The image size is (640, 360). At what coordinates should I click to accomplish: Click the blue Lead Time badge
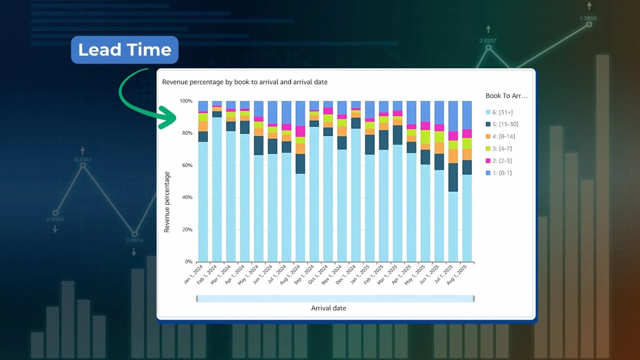(125, 50)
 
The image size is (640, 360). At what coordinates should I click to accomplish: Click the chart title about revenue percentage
(245, 82)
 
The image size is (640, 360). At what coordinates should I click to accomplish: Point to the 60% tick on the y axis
(187, 165)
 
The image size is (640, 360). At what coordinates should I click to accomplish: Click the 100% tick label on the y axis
(186, 101)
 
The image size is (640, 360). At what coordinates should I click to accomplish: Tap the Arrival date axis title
(328, 308)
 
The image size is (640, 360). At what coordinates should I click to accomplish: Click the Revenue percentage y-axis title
(167, 202)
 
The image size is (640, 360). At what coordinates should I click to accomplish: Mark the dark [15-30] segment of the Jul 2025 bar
(453, 177)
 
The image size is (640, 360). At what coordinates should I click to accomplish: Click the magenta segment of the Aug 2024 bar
(300, 131)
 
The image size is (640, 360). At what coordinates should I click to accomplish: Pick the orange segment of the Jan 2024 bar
(203, 126)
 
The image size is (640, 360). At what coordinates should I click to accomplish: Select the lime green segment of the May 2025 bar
(425, 137)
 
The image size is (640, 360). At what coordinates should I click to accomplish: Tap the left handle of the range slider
(197, 299)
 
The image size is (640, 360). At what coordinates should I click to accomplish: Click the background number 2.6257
(488, 41)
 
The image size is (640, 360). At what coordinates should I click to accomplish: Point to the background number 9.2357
(83, 159)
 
